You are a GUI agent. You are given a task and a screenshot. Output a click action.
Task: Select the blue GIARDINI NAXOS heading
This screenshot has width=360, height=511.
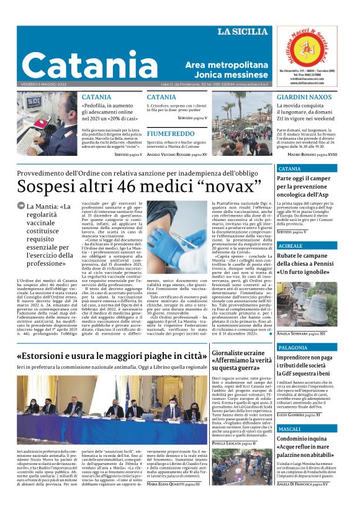[x=304, y=97]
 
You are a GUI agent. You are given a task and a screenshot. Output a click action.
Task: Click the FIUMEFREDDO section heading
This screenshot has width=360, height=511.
[x=170, y=133]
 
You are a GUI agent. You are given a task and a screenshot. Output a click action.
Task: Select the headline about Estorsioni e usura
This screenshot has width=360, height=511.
[x=112, y=356]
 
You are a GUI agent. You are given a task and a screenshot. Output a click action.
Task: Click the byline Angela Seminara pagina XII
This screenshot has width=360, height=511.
[x=300, y=333]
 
